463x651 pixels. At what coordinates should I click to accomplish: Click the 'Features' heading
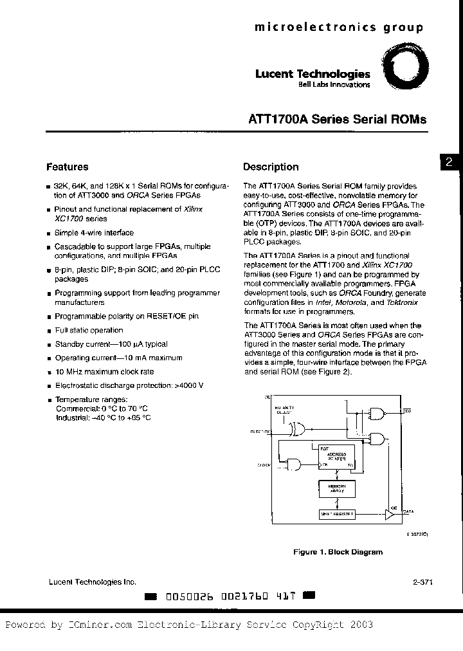click(x=68, y=167)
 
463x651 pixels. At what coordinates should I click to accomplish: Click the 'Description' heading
click(x=271, y=167)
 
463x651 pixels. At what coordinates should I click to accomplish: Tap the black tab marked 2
click(x=449, y=163)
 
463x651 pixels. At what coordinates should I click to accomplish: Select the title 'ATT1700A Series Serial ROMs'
click(x=337, y=120)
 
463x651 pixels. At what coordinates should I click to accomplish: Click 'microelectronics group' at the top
click(x=339, y=27)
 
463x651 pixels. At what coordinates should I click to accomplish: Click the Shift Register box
click(x=337, y=513)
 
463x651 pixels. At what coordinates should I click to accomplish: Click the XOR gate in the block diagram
click(x=297, y=429)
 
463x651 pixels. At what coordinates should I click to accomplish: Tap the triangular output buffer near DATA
click(x=390, y=513)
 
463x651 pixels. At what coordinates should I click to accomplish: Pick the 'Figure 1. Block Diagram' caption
click(x=338, y=552)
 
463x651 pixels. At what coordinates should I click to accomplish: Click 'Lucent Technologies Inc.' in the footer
click(x=93, y=582)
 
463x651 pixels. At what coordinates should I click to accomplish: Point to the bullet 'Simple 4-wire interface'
click(x=94, y=233)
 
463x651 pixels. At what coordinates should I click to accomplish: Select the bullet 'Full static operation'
click(x=89, y=330)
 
